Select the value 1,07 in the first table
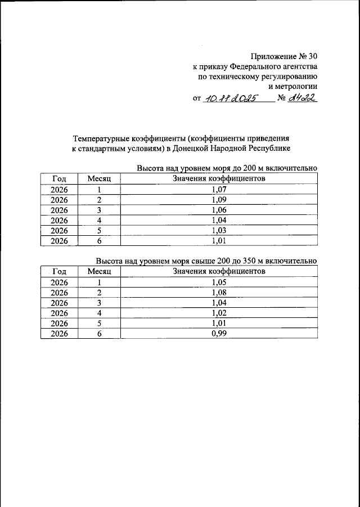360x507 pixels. click(219, 190)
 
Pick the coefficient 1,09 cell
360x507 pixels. click(219, 200)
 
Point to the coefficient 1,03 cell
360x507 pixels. click(219, 231)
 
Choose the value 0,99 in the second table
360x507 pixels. click(219, 333)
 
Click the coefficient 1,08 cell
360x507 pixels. click(219, 293)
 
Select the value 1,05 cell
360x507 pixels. click(219, 282)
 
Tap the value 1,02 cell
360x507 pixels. click(219, 313)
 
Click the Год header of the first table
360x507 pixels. click(59, 179)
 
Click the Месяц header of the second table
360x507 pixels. click(99, 272)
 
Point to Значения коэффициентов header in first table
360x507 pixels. click(219, 179)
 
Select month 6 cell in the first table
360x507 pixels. click(99, 241)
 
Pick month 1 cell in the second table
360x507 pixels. click(99, 282)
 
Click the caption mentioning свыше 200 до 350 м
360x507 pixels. click(206, 262)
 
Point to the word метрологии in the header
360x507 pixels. click(292, 86)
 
